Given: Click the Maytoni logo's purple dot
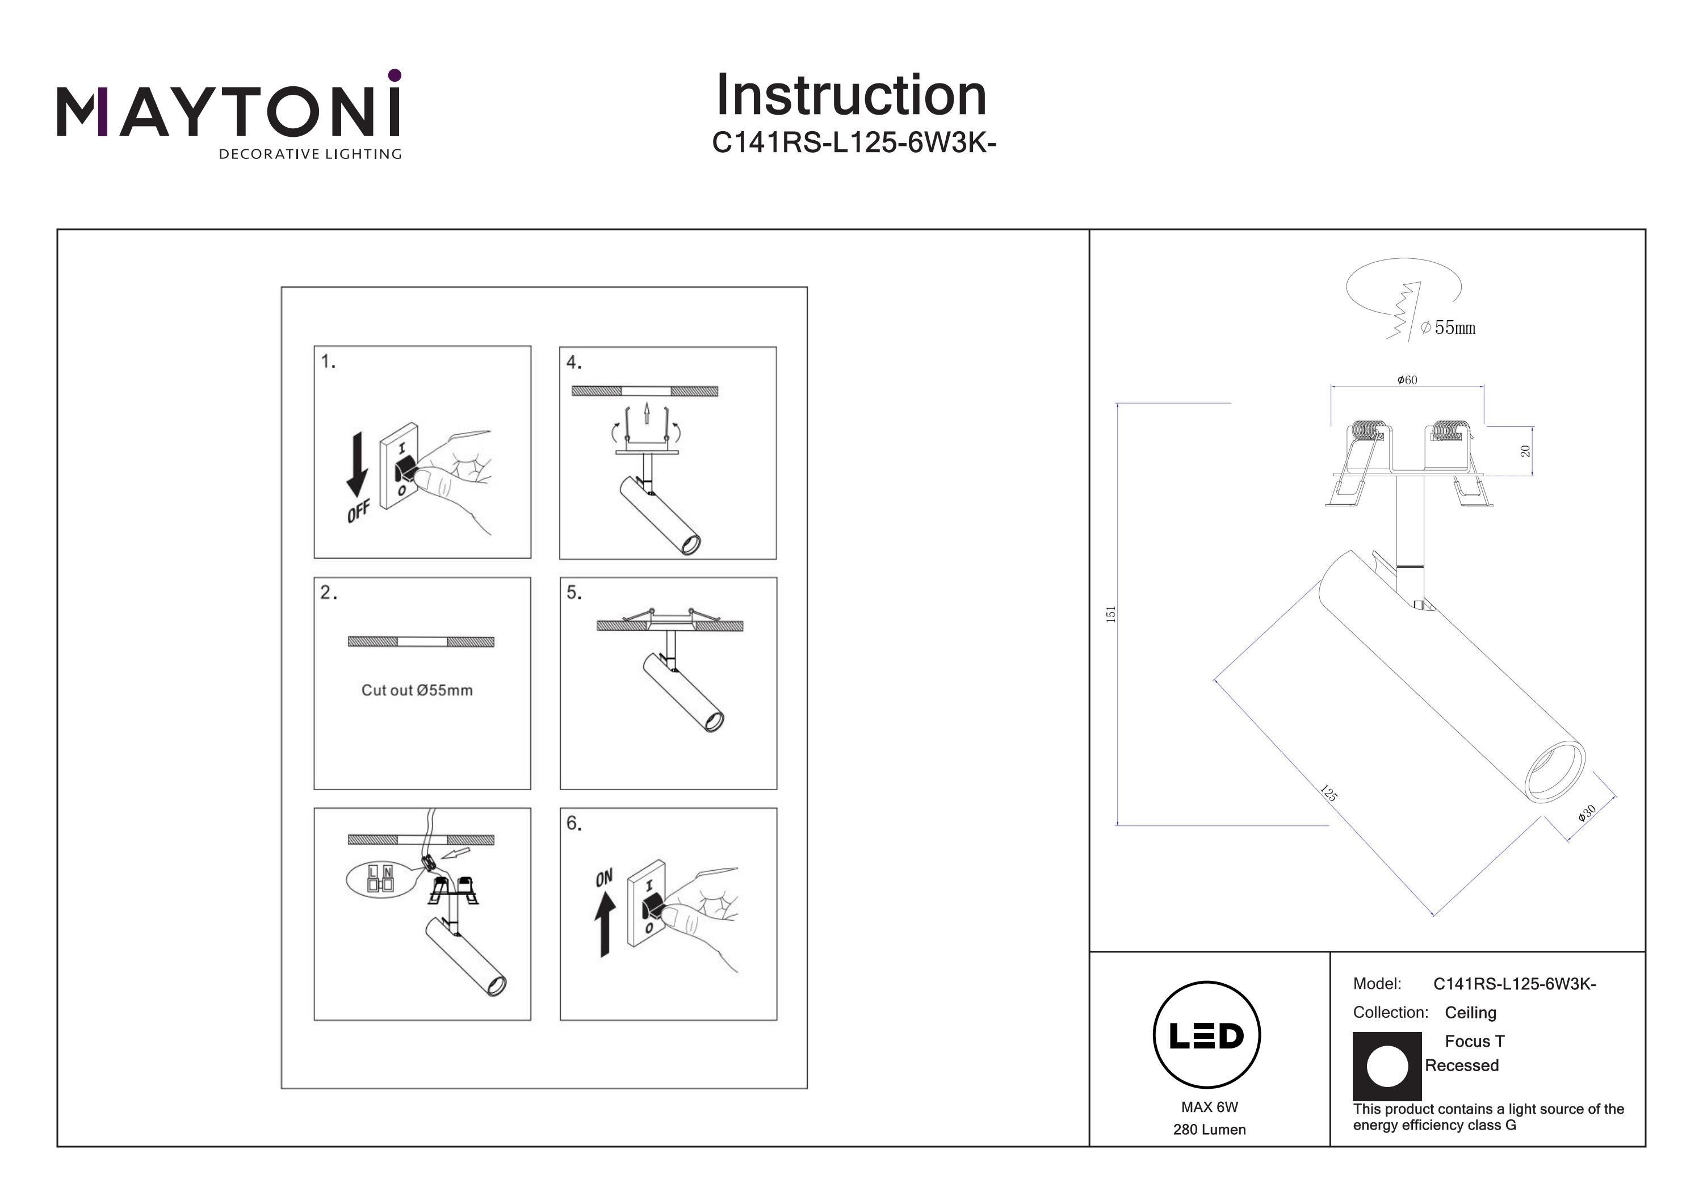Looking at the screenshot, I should tap(395, 75).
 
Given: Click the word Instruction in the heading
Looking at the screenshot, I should tap(851, 96).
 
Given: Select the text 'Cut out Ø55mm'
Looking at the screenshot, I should tap(417, 690).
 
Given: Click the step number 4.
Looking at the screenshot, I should tap(573, 363).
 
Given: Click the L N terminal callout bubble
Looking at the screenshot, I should tap(380, 879).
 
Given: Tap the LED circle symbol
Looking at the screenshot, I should tap(1207, 1035).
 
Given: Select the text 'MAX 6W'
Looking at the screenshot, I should tap(1209, 1107).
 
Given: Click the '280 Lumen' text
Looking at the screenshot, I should tap(1209, 1130).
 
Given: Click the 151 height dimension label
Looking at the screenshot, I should tap(1110, 614).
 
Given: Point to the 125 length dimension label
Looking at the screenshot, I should tap(1328, 793).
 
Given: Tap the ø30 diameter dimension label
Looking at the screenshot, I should tap(1587, 813).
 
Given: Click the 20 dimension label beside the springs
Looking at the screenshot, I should tap(1525, 451).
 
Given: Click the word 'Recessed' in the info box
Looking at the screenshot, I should tap(1461, 1065).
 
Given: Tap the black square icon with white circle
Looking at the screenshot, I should tap(1386, 1066).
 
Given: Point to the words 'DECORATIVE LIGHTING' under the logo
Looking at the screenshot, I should tap(310, 154).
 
